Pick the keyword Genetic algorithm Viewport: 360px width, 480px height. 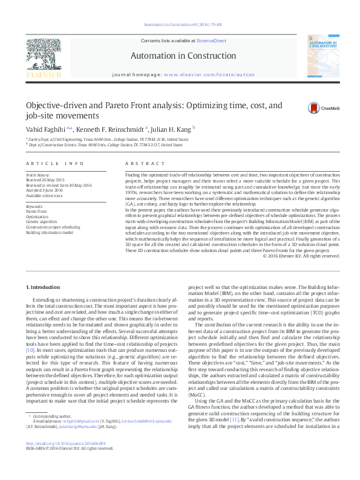41,221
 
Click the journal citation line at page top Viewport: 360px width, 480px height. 180,25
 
